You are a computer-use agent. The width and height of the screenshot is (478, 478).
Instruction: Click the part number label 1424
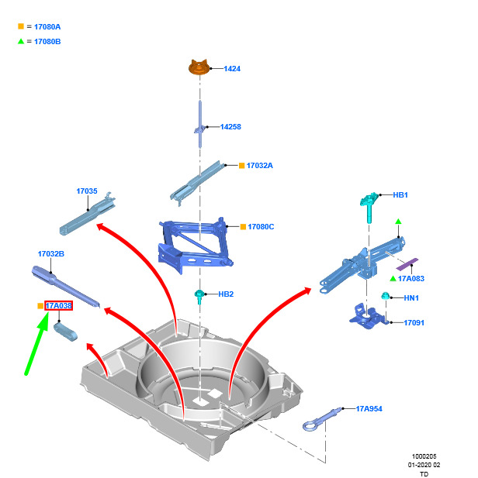click(x=232, y=69)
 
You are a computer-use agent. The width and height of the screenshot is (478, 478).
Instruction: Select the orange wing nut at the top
click(x=200, y=68)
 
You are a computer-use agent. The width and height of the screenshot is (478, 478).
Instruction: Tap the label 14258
click(x=230, y=127)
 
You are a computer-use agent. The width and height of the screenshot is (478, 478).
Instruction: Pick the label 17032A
click(x=259, y=166)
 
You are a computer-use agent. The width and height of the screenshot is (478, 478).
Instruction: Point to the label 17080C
click(x=261, y=227)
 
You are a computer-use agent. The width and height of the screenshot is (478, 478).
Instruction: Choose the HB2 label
click(x=226, y=294)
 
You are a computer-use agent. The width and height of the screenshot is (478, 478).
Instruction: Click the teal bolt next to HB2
click(x=200, y=295)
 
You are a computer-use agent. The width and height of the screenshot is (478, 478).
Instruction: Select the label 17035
click(x=86, y=191)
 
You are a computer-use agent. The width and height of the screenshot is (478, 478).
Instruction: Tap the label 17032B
click(x=51, y=254)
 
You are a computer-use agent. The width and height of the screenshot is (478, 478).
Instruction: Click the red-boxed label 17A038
click(x=58, y=306)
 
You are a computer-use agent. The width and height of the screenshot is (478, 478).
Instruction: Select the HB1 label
click(x=400, y=195)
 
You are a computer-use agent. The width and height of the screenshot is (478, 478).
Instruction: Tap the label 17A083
click(x=412, y=278)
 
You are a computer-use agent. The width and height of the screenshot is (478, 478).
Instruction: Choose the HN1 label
click(x=411, y=298)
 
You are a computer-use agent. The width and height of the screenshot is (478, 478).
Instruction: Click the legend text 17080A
click(x=47, y=27)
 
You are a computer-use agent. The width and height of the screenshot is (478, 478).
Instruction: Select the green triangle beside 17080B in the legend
click(x=21, y=41)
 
